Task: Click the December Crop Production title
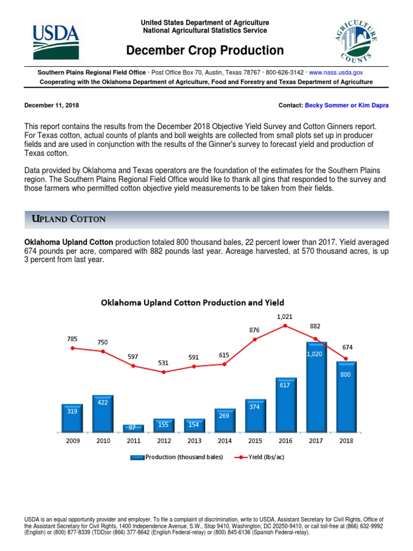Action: pos(205,51)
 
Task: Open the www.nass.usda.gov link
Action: pos(336,72)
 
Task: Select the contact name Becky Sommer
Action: pos(326,105)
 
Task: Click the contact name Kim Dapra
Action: pos(373,105)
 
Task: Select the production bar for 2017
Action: pos(316,387)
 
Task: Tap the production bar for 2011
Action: pos(133,428)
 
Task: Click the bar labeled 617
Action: pos(286,405)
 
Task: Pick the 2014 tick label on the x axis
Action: pos(224,441)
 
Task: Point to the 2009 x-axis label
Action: pos(72,441)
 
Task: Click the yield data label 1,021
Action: pos(285,317)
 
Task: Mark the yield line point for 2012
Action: pos(163,372)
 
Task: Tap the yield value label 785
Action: pos(72,339)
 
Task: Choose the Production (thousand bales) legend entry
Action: pos(175,457)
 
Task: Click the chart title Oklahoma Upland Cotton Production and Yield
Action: pos(193,303)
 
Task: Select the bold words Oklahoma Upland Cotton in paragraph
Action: pos(68,243)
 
